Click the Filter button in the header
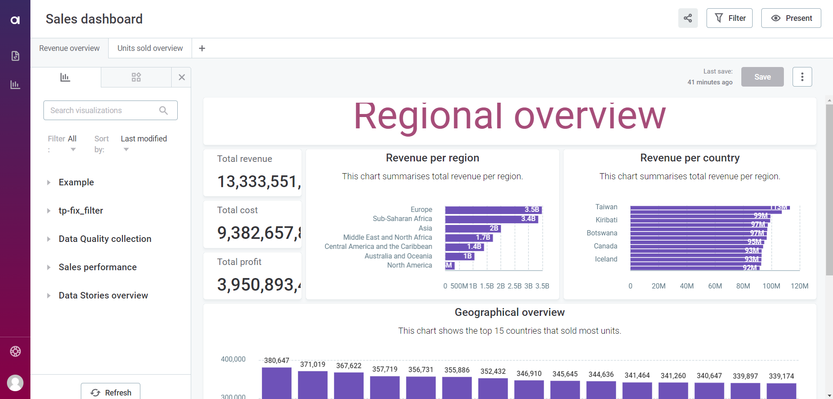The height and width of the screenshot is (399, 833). pos(729,18)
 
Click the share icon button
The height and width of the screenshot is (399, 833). pos(688,18)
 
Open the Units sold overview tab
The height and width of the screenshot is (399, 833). pos(150,48)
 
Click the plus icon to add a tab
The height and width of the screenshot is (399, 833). pos(202,48)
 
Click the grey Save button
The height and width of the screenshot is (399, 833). pos(762,77)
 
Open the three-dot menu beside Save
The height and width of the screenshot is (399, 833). pos(802,77)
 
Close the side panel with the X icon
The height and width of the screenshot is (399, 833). pos(182,77)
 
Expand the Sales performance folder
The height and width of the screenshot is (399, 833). pos(97,267)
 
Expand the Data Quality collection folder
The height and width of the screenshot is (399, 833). pos(105,239)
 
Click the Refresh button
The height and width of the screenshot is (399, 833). pos(111,392)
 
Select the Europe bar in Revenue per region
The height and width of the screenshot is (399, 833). pos(493,210)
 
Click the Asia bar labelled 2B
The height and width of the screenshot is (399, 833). pos(473,228)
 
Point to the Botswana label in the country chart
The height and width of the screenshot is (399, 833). pos(602,233)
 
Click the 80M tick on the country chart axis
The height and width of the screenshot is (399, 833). pos(743,286)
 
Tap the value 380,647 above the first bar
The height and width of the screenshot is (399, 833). pos(276,361)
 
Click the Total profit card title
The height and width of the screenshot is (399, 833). pos(239,262)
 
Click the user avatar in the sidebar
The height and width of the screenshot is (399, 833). pos(15,383)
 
